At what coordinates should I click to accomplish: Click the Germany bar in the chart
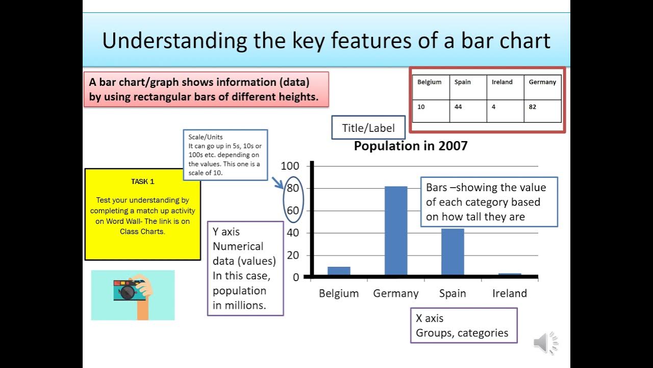coord(396,231)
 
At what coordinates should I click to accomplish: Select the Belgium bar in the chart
coord(339,271)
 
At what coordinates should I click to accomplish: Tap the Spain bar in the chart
coord(453,251)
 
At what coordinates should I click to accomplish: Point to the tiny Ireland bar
coord(510,274)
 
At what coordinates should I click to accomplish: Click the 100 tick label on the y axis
coord(290,166)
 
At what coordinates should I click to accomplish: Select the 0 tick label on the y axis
coord(295,278)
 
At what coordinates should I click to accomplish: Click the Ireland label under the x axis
coord(509,293)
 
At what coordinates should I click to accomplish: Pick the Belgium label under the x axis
coord(339,293)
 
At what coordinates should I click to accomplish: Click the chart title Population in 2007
coord(411,146)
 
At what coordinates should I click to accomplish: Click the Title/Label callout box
coord(368,128)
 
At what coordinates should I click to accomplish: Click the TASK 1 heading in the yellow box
coord(142,181)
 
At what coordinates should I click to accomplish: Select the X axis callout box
coord(463,326)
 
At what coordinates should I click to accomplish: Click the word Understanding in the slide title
coord(173,41)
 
